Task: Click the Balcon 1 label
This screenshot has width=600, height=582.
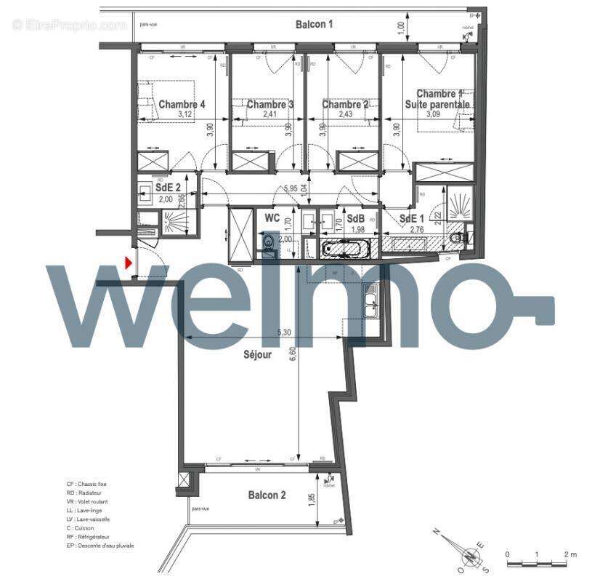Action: pyautogui.click(x=314, y=24)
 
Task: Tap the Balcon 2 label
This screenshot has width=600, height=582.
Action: pyautogui.click(x=267, y=495)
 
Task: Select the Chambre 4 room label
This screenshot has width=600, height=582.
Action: pyautogui.click(x=182, y=105)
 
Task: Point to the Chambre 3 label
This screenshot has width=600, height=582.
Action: pyautogui.click(x=270, y=105)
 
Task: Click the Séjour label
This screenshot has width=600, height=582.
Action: pyautogui.click(x=257, y=355)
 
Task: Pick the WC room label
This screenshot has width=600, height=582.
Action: pyautogui.click(x=272, y=218)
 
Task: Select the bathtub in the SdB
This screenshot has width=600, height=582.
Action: pyautogui.click(x=346, y=249)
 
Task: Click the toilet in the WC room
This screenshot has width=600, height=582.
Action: pyautogui.click(x=268, y=242)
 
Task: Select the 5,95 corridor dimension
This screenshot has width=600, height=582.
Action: pyautogui.click(x=291, y=188)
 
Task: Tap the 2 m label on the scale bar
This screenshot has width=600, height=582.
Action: pyautogui.click(x=571, y=555)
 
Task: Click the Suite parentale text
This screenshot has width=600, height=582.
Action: pyautogui.click(x=438, y=105)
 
